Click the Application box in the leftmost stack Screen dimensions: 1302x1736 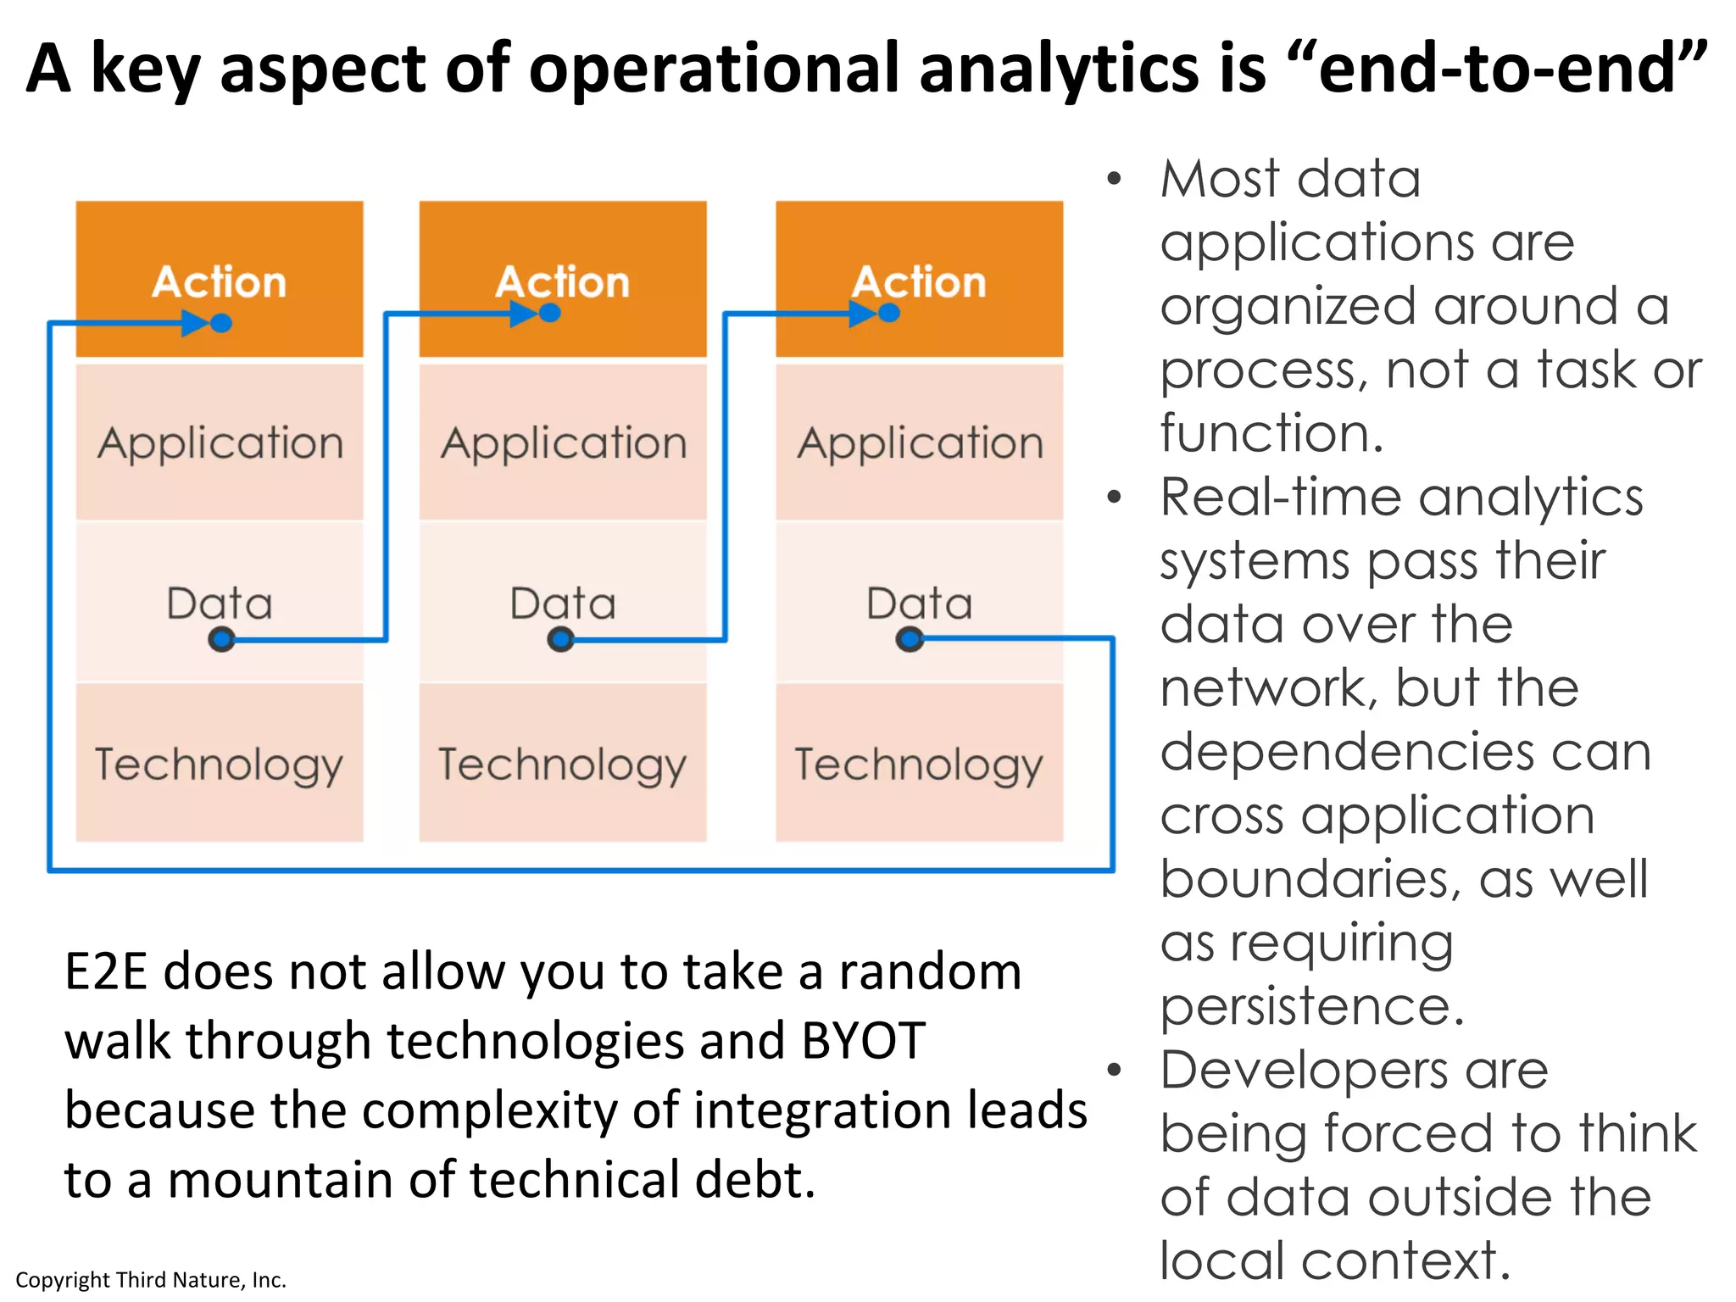click(x=220, y=442)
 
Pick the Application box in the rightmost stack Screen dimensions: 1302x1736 click(x=920, y=442)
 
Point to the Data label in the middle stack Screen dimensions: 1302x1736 click(x=563, y=604)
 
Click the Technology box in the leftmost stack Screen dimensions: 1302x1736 click(x=220, y=763)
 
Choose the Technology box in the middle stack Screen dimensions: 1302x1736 click(x=563, y=763)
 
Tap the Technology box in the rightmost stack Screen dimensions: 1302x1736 click(x=920, y=763)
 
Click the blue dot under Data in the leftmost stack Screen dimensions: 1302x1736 click(x=221, y=639)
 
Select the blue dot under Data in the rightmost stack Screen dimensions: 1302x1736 click(x=910, y=639)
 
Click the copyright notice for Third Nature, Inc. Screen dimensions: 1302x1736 click(x=151, y=1280)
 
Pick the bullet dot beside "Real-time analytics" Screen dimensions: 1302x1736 click(x=1115, y=498)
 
